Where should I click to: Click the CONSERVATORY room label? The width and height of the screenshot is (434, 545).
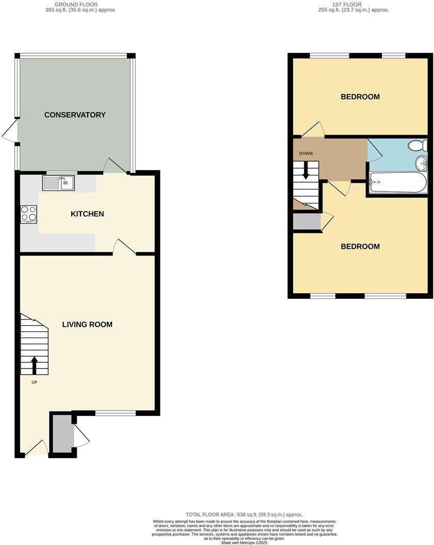[75, 115]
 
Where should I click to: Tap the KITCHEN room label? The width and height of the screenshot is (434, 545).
[87, 214]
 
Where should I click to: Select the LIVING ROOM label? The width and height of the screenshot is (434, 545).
[87, 325]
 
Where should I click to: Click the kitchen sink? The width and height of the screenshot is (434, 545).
[59, 183]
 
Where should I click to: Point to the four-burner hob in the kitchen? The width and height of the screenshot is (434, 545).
[28, 214]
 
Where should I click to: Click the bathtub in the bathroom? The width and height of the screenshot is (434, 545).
[398, 182]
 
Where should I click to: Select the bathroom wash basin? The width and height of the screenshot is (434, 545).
[422, 164]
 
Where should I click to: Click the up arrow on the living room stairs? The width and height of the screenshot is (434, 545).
[35, 364]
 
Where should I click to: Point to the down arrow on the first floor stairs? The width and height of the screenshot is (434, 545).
[306, 170]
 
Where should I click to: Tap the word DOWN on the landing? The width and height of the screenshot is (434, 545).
[306, 154]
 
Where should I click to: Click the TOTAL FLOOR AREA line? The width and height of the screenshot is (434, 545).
[244, 515]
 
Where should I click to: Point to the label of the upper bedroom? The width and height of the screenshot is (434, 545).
[360, 97]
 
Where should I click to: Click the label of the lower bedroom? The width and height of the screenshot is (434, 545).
[360, 246]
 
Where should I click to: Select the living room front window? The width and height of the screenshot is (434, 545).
[116, 412]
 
